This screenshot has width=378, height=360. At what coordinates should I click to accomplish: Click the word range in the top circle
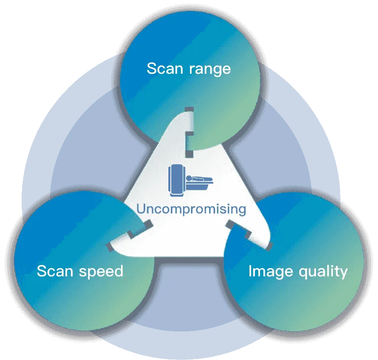coord(210,70)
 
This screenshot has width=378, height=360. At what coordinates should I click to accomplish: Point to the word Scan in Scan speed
coord(55,271)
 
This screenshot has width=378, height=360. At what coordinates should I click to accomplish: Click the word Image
coord(271,272)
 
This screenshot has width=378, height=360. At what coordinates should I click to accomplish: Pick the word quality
coord(323,272)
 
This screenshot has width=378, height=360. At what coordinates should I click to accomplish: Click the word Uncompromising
coord(191,209)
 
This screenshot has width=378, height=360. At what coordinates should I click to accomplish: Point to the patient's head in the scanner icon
coord(189,179)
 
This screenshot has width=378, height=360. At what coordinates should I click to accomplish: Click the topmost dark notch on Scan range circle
coord(189,109)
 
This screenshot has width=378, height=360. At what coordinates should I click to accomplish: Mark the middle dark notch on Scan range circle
coord(189,135)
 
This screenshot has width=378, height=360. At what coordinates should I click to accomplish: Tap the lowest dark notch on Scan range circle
coord(189,154)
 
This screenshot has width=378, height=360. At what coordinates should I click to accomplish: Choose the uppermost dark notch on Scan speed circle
coord(148,224)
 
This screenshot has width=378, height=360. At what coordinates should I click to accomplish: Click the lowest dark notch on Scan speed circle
coord(109,247)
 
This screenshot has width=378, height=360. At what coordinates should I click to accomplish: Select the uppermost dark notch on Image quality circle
coord(230,224)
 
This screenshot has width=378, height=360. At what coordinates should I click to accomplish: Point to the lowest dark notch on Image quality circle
coord(269,246)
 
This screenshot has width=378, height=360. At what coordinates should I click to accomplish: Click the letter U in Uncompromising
coord(141,209)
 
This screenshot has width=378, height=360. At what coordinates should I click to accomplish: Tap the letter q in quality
coord(303,274)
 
